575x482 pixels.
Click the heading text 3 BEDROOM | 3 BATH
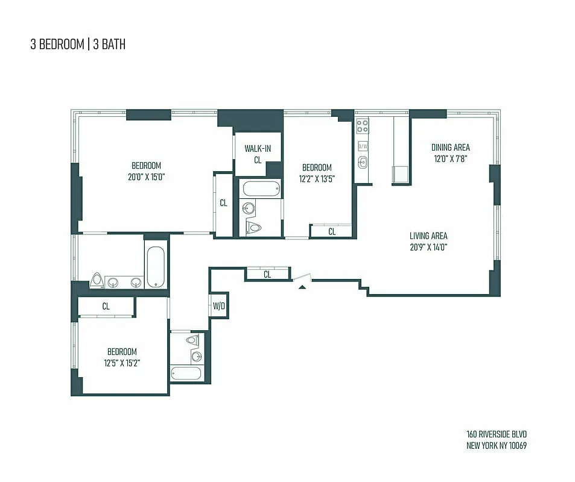click(x=78, y=45)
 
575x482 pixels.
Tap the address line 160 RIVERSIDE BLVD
click(x=492, y=434)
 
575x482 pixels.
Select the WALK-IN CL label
click(x=258, y=154)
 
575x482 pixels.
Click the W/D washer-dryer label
click(x=218, y=306)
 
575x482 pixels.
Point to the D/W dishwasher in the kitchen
click(x=363, y=146)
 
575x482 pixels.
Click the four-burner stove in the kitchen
click(x=363, y=126)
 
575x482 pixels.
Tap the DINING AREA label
click(x=450, y=147)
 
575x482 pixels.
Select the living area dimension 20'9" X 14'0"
click(x=428, y=246)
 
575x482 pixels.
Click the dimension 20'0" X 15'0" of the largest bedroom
click(x=147, y=177)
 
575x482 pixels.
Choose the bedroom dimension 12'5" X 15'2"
click(x=122, y=362)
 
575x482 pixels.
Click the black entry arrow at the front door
click(x=302, y=286)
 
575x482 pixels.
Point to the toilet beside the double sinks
click(x=97, y=280)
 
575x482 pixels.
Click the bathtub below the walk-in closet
click(x=261, y=190)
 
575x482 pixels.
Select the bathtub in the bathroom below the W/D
click(x=186, y=372)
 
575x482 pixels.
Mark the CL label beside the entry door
click(x=267, y=275)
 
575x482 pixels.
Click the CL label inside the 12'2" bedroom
click(x=332, y=231)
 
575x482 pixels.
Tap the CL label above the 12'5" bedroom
click(x=106, y=306)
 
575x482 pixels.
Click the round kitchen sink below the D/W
click(x=363, y=161)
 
